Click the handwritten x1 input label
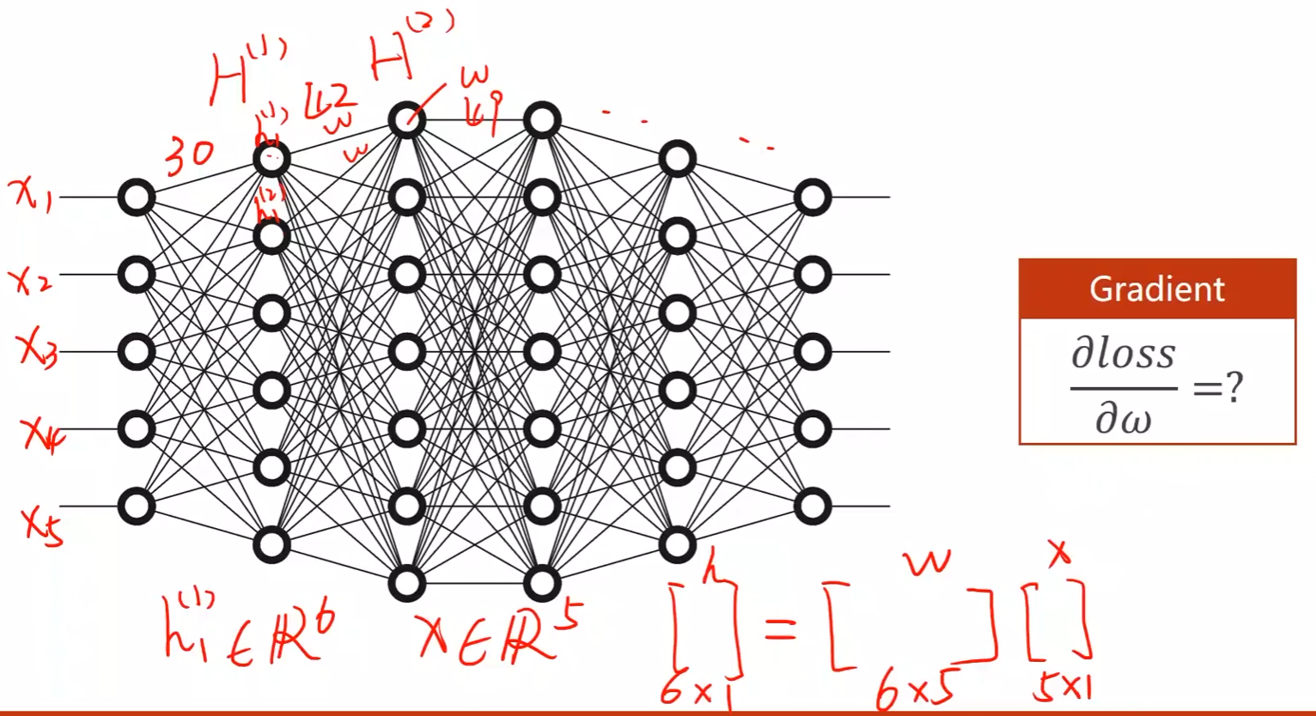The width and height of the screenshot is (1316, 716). (32, 197)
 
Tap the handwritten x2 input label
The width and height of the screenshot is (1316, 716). (30, 278)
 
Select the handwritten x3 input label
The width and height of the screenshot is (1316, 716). (37, 351)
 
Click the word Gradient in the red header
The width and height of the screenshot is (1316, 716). (1156, 288)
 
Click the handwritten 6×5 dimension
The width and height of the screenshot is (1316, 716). (914, 687)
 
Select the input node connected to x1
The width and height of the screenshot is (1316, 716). (136, 197)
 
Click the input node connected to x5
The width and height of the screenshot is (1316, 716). (136, 506)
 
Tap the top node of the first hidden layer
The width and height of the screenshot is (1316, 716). (271, 159)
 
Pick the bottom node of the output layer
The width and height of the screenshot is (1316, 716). (812, 506)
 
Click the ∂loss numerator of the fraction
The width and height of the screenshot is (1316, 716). (1123, 355)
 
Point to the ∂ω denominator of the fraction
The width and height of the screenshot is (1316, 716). (1123, 420)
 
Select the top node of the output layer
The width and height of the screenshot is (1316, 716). (812, 197)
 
